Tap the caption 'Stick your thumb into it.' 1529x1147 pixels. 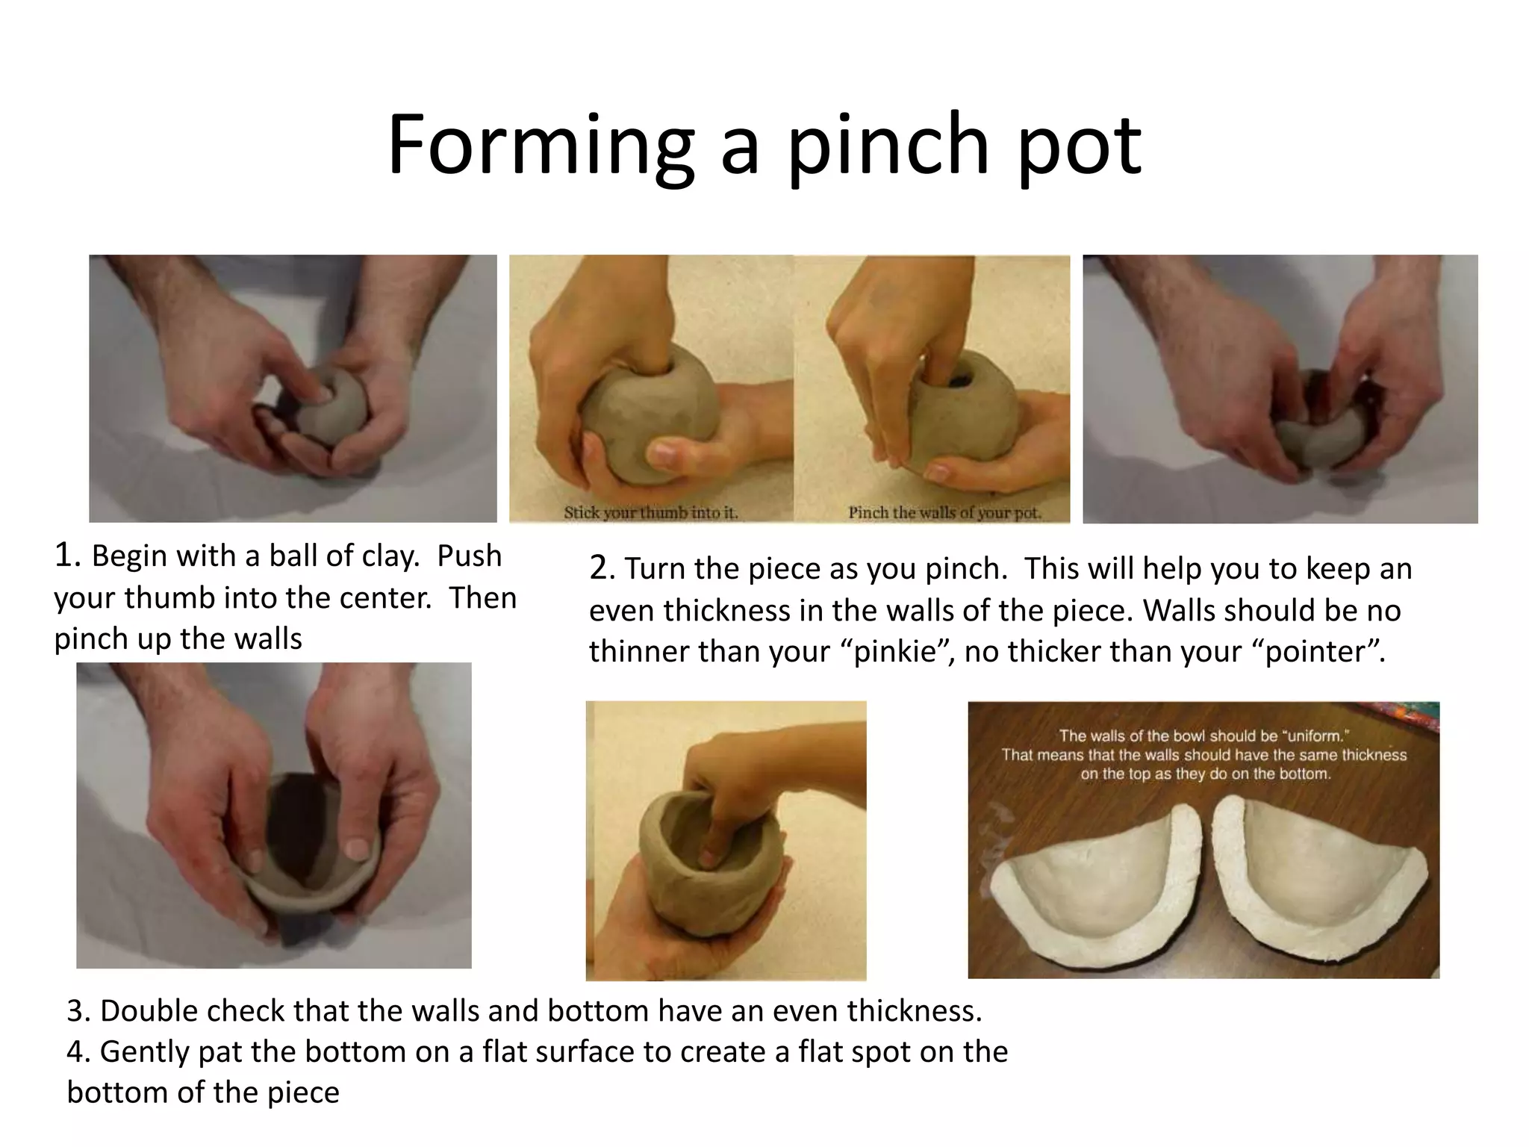pyautogui.click(x=650, y=513)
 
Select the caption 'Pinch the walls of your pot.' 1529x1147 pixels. pyautogui.click(x=944, y=513)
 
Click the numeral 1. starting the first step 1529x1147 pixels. pyautogui.click(x=67, y=556)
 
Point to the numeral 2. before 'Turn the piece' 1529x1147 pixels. pyautogui.click(x=602, y=569)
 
